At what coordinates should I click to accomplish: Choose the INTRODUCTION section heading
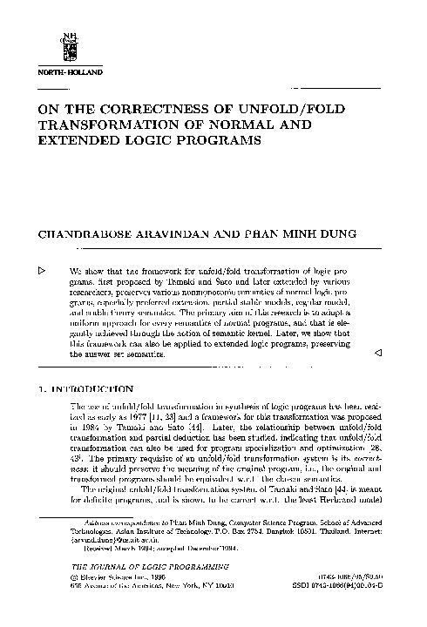click(x=93, y=389)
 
